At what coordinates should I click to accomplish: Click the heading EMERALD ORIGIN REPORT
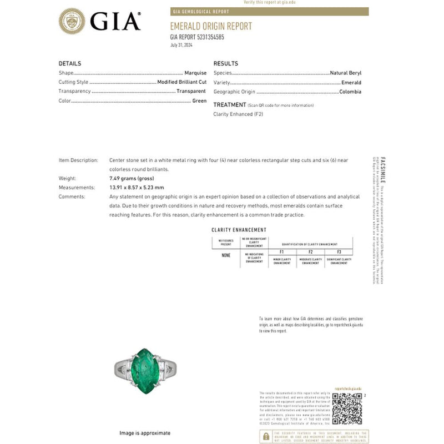[210, 26]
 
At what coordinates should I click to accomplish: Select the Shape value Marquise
[195, 73]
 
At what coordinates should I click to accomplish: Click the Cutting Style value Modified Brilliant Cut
[181, 82]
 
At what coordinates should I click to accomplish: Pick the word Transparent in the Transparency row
[191, 91]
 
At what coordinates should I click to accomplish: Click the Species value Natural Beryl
[346, 73]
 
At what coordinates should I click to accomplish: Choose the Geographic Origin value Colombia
[350, 92]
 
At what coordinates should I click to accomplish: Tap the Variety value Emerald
[351, 82]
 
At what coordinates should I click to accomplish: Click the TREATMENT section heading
[230, 104]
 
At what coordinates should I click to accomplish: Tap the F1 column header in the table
[282, 252]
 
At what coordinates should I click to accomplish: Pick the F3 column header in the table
[339, 252]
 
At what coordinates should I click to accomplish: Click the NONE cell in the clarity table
[225, 255]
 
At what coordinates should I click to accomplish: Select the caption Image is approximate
[145, 433]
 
